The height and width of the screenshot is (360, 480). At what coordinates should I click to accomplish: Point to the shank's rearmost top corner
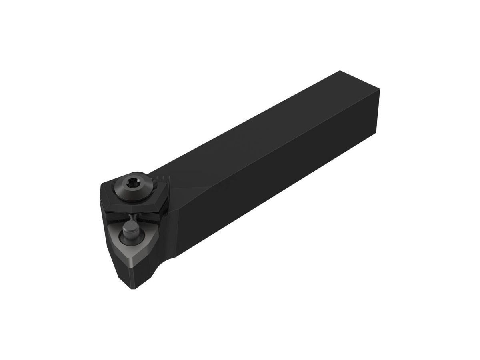340,71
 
